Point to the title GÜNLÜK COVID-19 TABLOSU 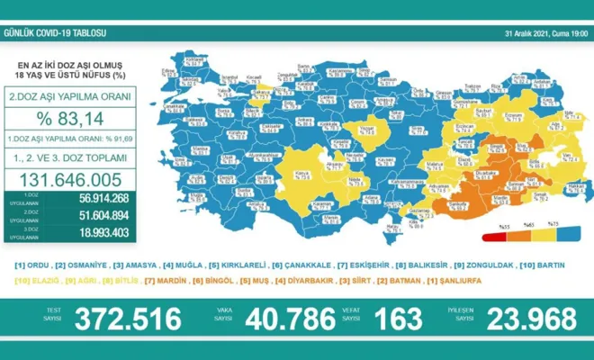(56, 34)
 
